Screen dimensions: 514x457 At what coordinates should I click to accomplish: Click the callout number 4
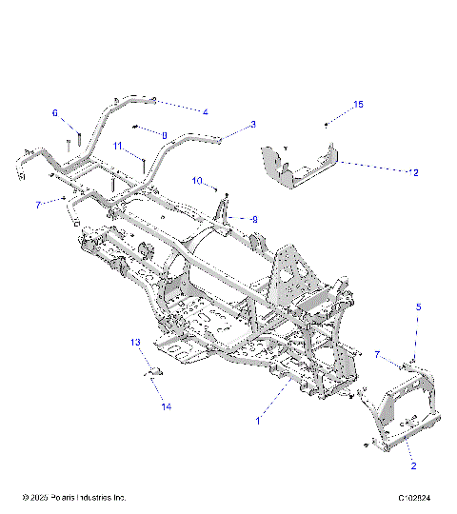[205, 111]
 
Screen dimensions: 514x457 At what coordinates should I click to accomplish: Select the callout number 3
[253, 124]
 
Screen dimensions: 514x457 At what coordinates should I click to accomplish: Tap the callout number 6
[55, 113]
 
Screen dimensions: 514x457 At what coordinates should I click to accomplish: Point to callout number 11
[117, 146]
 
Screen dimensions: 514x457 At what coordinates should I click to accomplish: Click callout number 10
[197, 179]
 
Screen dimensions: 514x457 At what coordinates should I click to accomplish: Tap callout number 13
[135, 341]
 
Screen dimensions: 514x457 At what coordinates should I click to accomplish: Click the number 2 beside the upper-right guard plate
[415, 172]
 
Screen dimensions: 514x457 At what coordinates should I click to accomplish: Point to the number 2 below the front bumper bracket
[414, 466]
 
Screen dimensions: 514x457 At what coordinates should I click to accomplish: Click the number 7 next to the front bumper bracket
[378, 355]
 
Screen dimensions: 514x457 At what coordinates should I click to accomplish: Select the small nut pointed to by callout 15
[327, 125]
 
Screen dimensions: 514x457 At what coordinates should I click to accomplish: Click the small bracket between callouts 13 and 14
[149, 371]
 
